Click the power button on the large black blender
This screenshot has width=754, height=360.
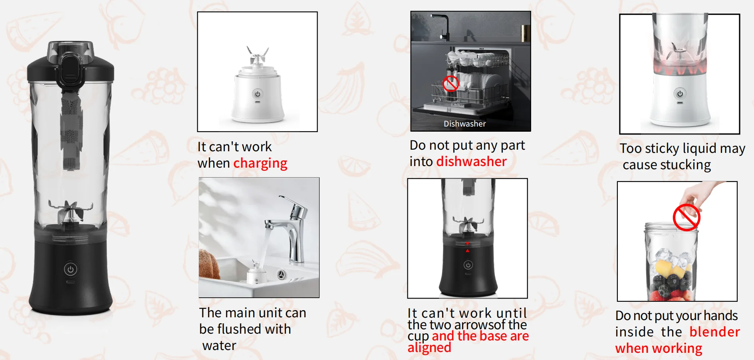(x=70, y=269)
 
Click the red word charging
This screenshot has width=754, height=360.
(x=260, y=164)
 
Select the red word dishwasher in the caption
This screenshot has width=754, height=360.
(x=472, y=161)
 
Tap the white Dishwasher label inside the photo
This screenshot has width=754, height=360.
(x=465, y=124)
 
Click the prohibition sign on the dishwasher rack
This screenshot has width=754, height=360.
(x=451, y=83)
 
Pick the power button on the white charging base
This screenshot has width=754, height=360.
(x=258, y=94)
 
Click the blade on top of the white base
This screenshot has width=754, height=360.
(x=257, y=56)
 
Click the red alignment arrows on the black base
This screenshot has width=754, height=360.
(x=468, y=247)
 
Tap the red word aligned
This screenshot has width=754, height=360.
(x=429, y=348)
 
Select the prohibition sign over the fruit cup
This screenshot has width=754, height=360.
(x=687, y=218)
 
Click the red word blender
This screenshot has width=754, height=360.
(x=715, y=332)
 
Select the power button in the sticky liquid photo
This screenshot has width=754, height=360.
(x=680, y=94)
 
